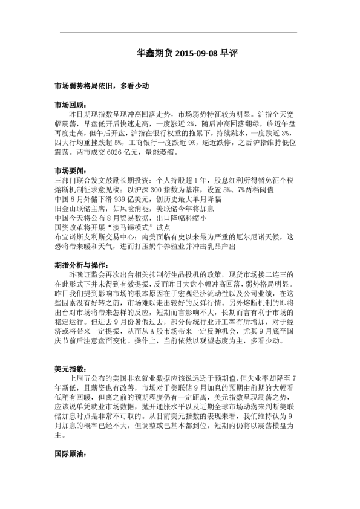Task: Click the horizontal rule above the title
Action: pos(180,33)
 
